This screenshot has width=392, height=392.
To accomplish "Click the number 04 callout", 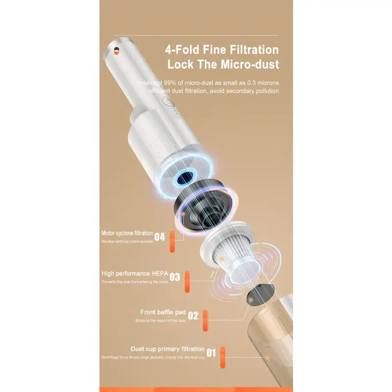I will [x=160, y=237].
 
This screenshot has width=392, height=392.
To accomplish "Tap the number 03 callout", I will [x=175, y=277].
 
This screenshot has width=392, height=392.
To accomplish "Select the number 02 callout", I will [x=193, y=316].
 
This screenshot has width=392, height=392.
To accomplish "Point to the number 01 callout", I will [x=211, y=352].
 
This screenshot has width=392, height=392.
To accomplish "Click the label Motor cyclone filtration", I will [x=127, y=233].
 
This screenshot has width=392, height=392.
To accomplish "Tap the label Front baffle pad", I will [x=163, y=312].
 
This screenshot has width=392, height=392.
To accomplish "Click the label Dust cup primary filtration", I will [x=168, y=349].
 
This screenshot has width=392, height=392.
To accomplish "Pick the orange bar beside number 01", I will [x=222, y=358].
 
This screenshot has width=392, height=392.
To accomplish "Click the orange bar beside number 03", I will [x=187, y=282].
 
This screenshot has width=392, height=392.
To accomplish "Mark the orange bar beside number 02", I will [x=205, y=320].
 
